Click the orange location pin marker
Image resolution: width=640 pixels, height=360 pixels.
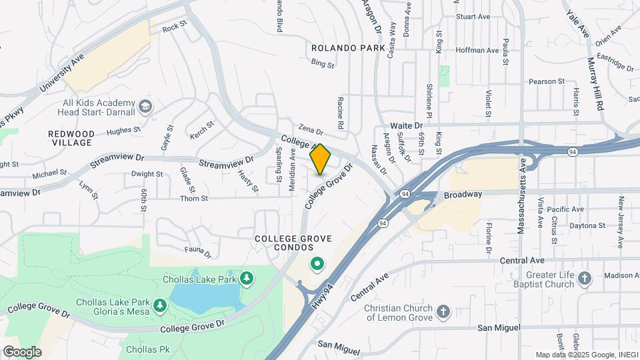pyautogui.click(x=320, y=159)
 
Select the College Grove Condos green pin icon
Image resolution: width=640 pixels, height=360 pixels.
pyautogui.click(x=317, y=265)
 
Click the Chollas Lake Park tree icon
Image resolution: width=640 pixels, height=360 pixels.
pyautogui.click(x=247, y=278)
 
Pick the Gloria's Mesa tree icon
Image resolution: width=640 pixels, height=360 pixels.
pyautogui.click(x=160, y=305)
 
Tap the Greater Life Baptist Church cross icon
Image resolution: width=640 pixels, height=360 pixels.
pyautogui.click(x=585, y=278)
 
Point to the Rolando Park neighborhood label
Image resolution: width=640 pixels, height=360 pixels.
pyautogui.click(x=348, y=48)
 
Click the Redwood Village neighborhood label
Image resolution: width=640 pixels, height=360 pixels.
pyautogui.click(x=71, y=138)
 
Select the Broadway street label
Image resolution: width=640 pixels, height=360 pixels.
pyautogui.click(x=463, y=195)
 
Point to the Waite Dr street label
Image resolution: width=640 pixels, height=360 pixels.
pyautogui.click(x=407, y=125)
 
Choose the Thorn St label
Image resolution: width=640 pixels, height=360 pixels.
pyautogui.click(x=195, y=198)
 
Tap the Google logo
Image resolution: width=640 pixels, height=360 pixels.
pyautogui.click(x=22, y=352)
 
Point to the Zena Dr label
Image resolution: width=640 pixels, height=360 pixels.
pyautogui.click(x=311, y=131)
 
